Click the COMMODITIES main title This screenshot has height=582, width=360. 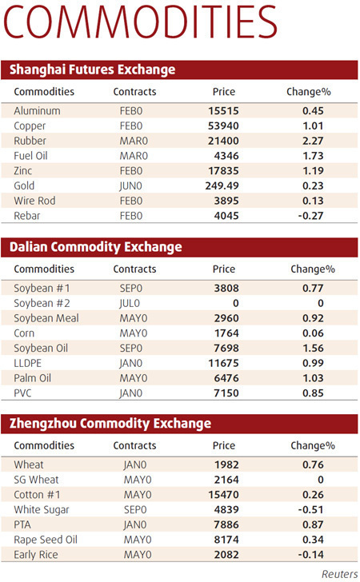tap(141, 25)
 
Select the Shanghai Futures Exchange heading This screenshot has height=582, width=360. tap(92, 70)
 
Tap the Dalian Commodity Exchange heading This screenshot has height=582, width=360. tap(95, 247)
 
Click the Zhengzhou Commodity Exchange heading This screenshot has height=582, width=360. tap(110, 423)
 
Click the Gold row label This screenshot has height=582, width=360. tap(24, 185)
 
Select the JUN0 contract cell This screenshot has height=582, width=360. tap(130, 185)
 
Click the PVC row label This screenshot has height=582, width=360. tap(22, 393)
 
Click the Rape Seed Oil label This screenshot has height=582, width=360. tap(45, 539)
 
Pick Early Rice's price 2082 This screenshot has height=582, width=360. tap(224, 554)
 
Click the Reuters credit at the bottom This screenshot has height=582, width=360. tap(339, 573)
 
